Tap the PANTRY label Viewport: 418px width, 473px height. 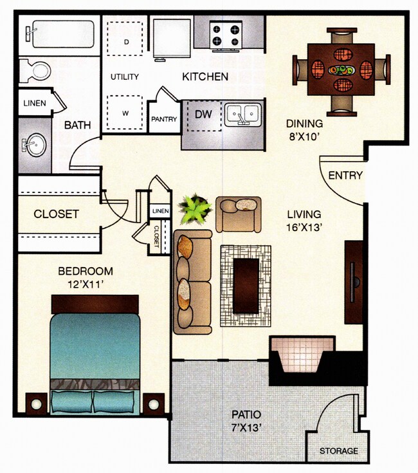point(163,119)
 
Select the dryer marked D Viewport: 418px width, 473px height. point(126,40)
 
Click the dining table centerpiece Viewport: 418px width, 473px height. point(341,69)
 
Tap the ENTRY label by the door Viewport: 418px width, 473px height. point(345,175)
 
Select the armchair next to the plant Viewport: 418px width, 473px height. point(239,213)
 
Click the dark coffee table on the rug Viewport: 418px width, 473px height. point(246,285)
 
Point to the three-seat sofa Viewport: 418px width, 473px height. point(192,281)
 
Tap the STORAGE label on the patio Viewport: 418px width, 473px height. point(339,450)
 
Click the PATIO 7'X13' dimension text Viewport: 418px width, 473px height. point(247,420)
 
